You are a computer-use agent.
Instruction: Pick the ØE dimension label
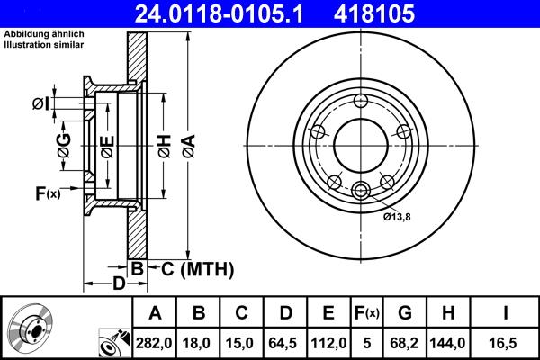pyautogui.click(x=107, y=145)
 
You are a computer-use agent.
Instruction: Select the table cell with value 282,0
pyautogui.click(x=155, y=342)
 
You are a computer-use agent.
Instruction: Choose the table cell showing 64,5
pyautogui.click(x=285, y=342)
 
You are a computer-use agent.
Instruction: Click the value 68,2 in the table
pyautogui.click(x=404, y=342)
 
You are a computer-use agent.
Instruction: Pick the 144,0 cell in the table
pyautogui.click(x=449, y=342)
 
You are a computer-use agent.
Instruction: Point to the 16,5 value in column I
pyautogui.click(x=505, y=342)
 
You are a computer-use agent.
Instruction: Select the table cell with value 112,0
pyautogui.click(x=328, y=342)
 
